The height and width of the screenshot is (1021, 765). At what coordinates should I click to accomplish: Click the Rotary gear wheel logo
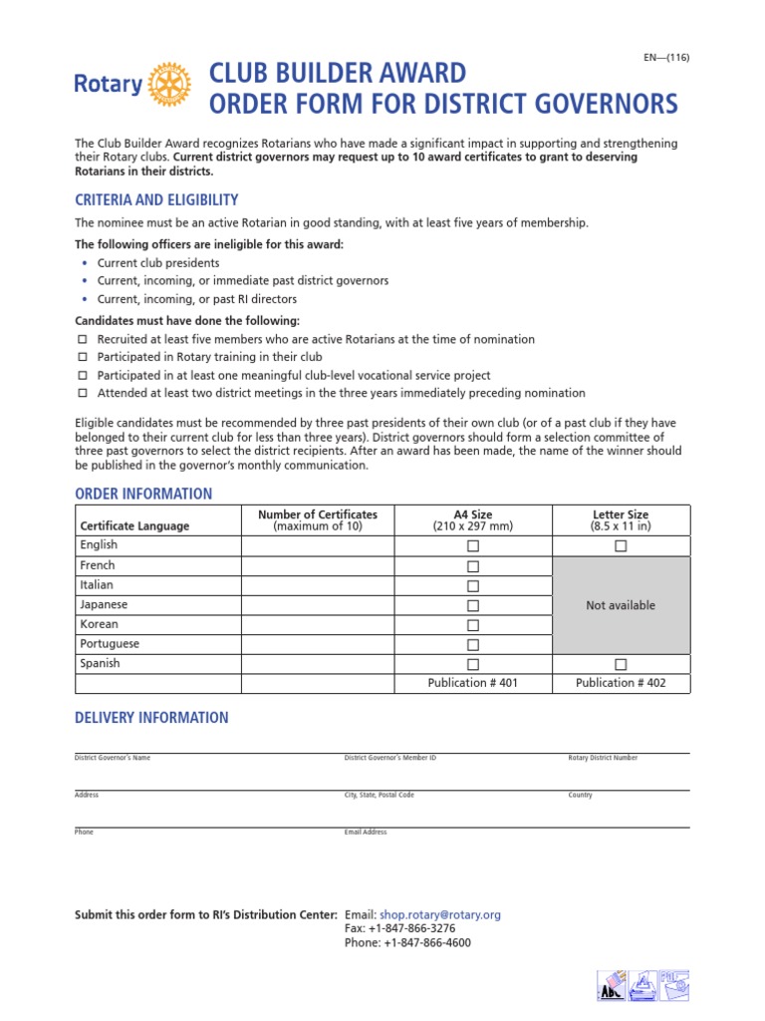168,85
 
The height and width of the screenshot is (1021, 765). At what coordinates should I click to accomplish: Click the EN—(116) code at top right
666,57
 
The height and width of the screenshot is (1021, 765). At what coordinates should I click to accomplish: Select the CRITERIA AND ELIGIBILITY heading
156,199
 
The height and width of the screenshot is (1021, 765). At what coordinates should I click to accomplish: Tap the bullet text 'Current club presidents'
157,263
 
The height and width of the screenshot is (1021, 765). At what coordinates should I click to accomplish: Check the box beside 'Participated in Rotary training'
83,358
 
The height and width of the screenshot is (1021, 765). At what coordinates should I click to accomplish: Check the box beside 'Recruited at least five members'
83,340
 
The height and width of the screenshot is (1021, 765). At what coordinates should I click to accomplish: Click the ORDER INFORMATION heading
143,494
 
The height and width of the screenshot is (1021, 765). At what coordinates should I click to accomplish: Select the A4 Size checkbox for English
473,546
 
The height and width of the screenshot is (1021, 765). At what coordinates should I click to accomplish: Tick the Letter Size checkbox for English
621,546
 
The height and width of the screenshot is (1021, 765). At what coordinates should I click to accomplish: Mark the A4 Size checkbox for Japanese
473,605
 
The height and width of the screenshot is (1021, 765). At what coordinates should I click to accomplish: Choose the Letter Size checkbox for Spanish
621,664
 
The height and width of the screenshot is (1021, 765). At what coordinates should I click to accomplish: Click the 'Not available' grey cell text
621,605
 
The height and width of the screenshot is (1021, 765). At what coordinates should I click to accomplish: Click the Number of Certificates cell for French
318,565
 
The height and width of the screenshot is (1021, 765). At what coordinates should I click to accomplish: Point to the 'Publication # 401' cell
473,683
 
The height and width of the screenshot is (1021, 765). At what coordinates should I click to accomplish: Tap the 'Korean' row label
99,624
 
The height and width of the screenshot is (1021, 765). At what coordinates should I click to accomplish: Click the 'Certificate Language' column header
134,525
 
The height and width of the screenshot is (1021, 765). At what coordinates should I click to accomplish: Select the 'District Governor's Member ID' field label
389,758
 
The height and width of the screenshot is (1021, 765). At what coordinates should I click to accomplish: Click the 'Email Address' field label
366,832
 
